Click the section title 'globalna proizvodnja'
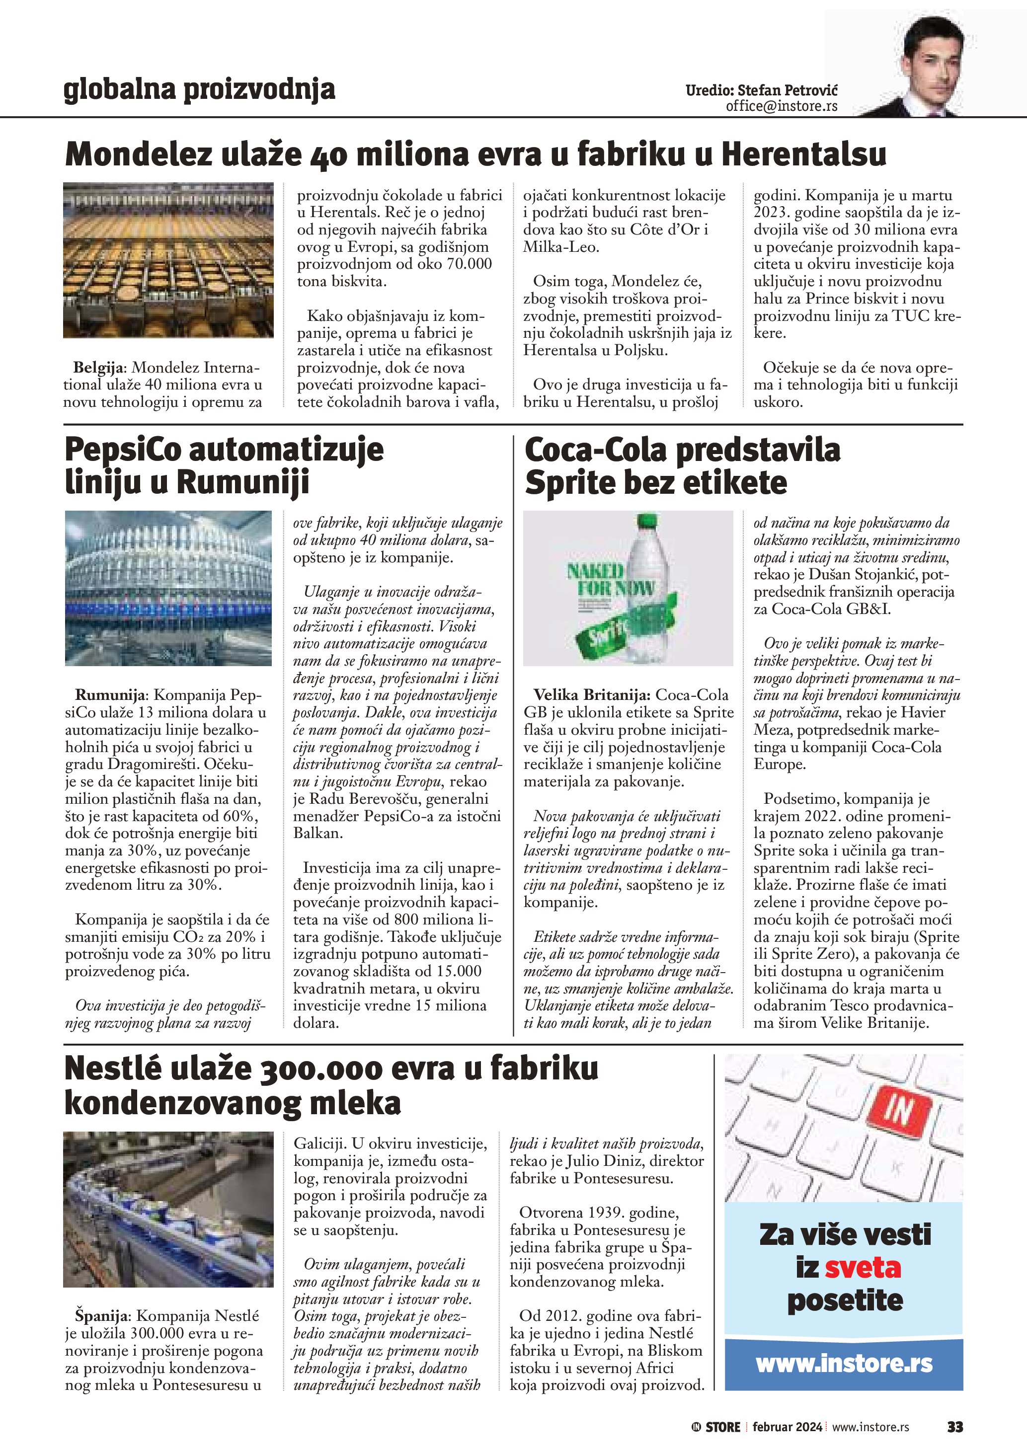click(x=199, y=90)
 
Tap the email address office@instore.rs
click(x=781, y=106)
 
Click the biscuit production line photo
click(x=168, y=260)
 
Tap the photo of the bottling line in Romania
click(x=168, y=588)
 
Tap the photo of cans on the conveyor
click(x=168, y=1209)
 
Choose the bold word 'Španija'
click(x=102, y=1316)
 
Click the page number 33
click(x=954, y=1427)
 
